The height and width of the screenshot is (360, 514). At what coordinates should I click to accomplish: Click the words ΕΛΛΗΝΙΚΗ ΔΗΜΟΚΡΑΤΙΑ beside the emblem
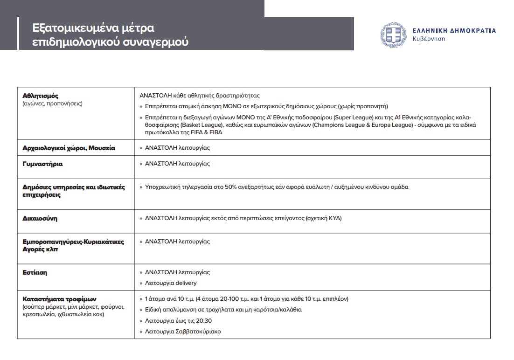(x=454, y=31)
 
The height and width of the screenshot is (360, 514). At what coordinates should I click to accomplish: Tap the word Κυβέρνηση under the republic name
(x=429, y=39)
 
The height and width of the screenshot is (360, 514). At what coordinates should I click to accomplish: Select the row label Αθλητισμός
(x=41, y=96)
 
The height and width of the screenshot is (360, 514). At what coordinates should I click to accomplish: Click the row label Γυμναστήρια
(x=42, y=164)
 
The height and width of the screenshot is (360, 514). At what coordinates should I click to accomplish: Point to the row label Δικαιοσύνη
(x=40, y=218)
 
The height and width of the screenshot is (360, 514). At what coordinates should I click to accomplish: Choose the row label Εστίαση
(x=35, y=272)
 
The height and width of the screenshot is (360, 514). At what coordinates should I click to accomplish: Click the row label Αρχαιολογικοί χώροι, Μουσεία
(x=69, y=148)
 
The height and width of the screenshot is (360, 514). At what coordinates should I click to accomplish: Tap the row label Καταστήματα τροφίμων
(x=59, y=298)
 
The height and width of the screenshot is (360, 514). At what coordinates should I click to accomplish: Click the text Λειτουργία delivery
(x=171, y=283)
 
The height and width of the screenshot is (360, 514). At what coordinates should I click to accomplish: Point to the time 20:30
(x=204, y=321)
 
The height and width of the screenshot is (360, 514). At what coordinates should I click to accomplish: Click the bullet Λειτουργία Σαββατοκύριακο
(x=183, y=332)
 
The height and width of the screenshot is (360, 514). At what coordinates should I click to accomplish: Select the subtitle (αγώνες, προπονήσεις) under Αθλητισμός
(x=52, y=104)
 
